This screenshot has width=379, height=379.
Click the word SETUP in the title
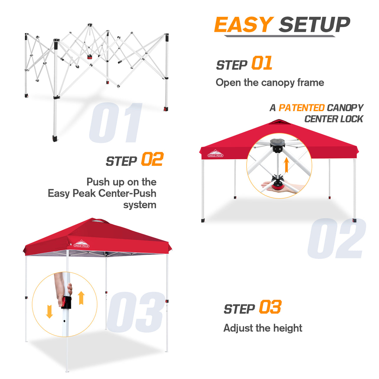[x=314, y=25]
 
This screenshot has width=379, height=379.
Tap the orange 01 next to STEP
[x=262, y=63]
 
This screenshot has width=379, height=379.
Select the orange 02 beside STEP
[x=152, y=160]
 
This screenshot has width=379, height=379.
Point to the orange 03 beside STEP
[x=270, y=307]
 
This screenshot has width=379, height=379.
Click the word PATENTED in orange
[x=301, y=108]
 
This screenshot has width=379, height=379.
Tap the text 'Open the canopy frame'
[x=270, y=83]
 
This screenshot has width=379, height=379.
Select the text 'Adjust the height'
[x=263, y=328]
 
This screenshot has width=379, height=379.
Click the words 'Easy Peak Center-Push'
[x=102, y=193]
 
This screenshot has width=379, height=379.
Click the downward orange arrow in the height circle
[x=49, y=312]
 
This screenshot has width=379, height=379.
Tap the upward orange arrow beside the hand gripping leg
[x=81, y=298]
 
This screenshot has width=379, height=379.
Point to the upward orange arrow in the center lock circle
[x=286, y=165]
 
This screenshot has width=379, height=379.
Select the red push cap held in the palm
[x=277, y=187]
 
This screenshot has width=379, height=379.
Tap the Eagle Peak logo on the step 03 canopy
[x=81, y=244]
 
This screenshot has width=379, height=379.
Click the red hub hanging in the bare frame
[x=90, y=57]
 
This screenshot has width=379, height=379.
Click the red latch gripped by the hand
[x=65, y=302]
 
